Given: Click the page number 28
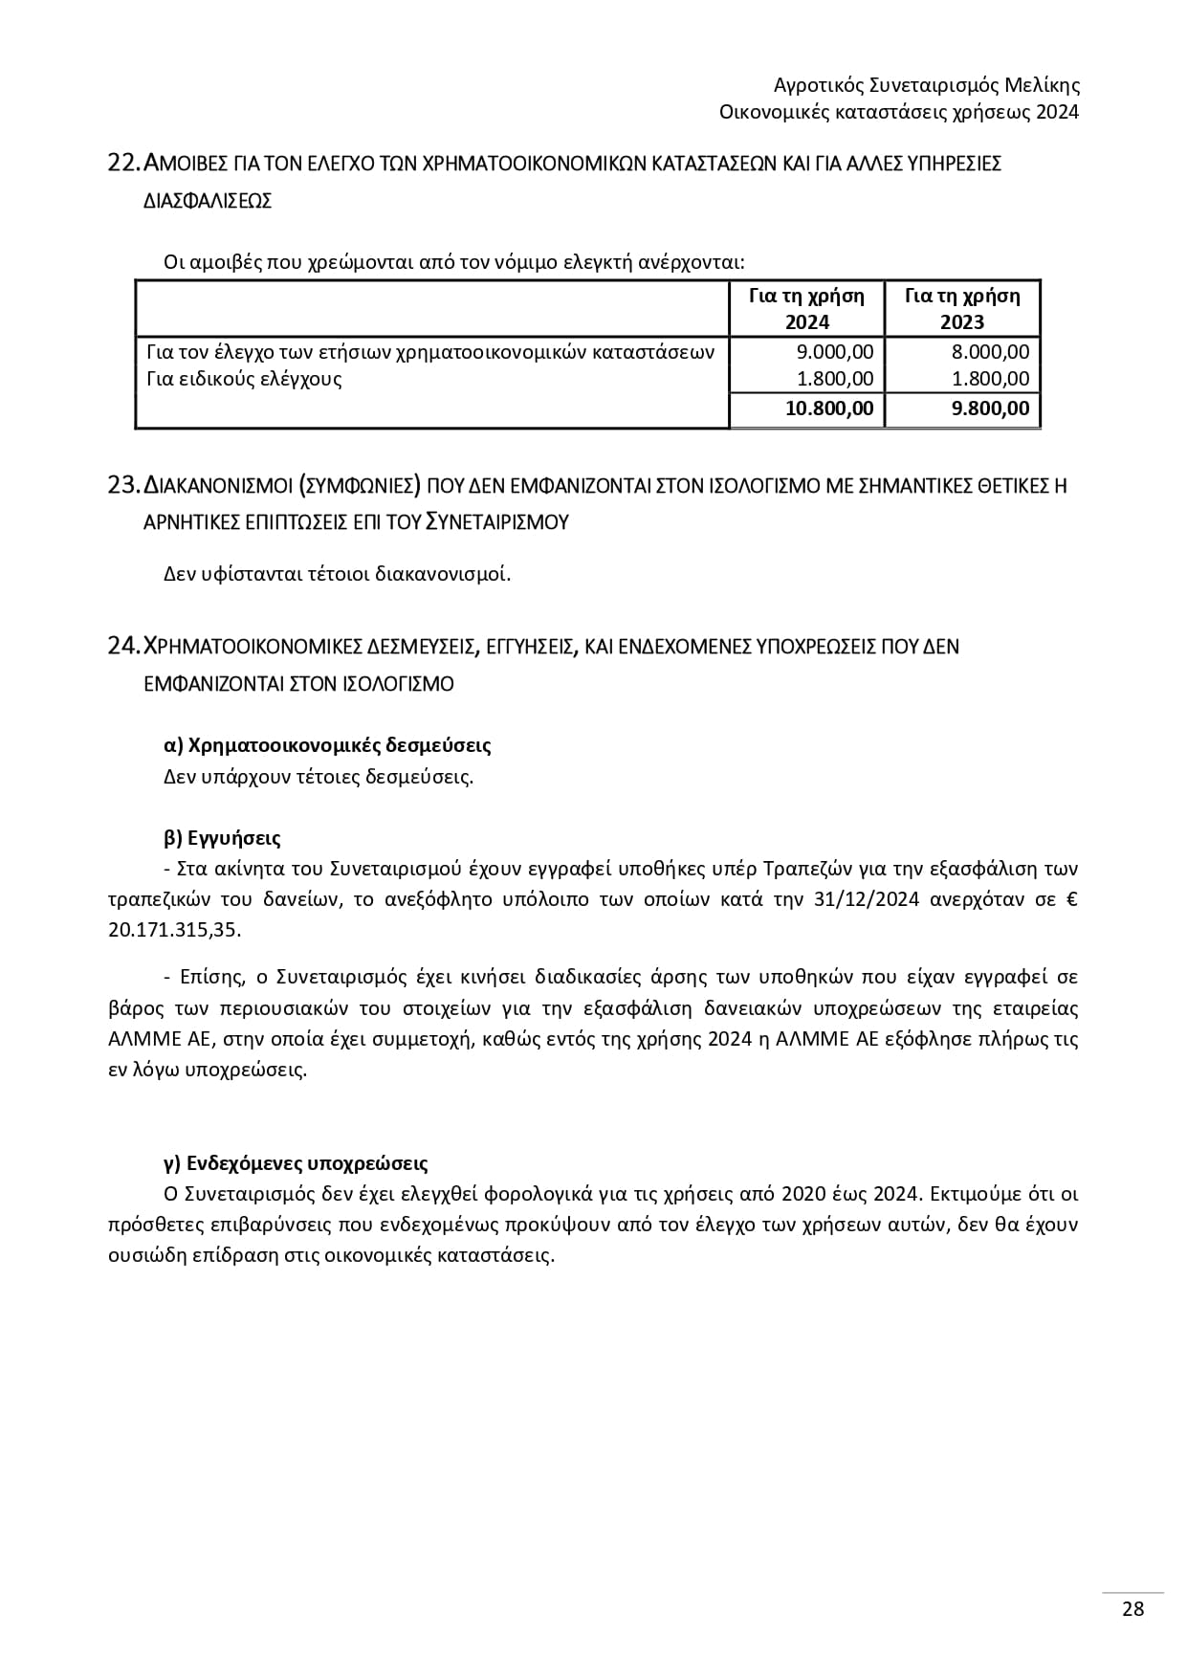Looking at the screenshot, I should point(1132,1608).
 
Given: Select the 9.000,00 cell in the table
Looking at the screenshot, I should point(835,352).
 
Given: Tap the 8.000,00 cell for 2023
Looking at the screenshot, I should point(991,352).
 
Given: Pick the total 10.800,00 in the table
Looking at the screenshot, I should point(829,409).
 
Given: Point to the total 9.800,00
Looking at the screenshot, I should point(989,409).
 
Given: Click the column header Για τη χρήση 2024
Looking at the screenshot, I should point(806,308).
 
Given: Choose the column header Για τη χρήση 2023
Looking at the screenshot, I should point(962,308).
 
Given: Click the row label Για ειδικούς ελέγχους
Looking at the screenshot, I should point(244,379).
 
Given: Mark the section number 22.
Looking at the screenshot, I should point(124,164).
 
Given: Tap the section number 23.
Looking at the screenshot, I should point(124,486).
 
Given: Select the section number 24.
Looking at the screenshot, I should point(124,647).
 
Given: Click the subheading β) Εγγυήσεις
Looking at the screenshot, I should point(222,838).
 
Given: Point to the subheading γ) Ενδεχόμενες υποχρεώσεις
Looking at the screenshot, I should point(296,1163).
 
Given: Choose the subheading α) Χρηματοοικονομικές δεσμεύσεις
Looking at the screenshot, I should point(327,744).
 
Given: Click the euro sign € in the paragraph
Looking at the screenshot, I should point(1071,899).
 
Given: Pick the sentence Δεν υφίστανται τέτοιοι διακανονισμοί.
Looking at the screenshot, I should point(338,574).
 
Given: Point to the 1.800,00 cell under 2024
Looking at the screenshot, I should point(835,379).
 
